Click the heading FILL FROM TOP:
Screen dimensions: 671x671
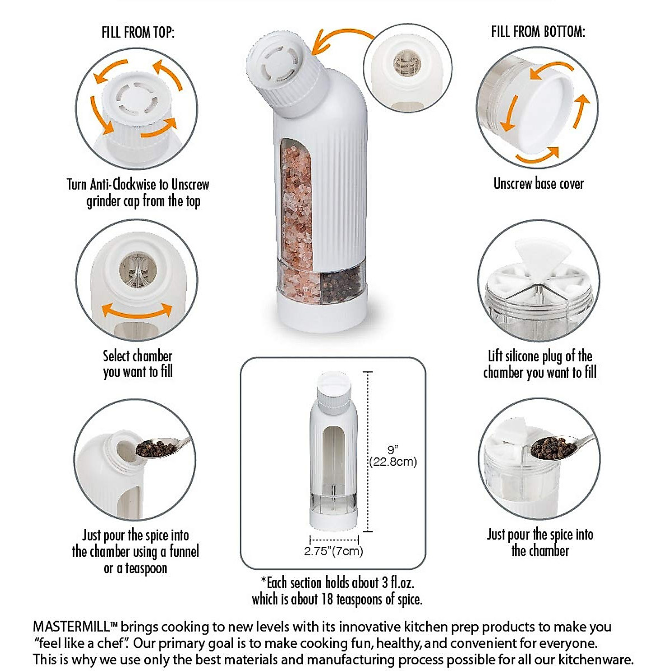tap(138, 32)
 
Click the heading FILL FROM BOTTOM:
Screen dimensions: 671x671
tap(538, 31)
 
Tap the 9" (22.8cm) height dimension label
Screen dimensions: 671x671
tap(393, 456)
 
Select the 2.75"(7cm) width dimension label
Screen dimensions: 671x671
tap(334, 551)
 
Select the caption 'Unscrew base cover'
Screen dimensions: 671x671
tap(538, 184)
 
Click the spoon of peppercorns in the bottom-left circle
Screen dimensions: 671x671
tap(159, 447)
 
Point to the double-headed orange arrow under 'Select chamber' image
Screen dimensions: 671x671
tap(136, 310)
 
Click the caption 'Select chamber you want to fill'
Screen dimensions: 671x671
tap(138, 364)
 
